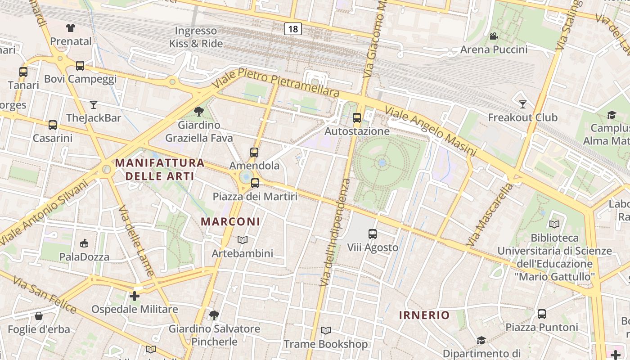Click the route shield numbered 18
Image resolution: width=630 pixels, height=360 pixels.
[293, 29]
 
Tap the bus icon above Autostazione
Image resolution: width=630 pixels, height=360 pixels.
[357, 118]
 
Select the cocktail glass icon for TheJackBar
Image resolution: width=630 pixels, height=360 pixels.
[93, 105]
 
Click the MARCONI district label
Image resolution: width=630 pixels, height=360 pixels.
[230, 221]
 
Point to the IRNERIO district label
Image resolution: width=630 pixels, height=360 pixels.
[424, 315]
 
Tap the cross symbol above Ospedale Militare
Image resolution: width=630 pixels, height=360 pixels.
[134, 296]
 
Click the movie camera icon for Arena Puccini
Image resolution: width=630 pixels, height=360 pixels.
[494, 36]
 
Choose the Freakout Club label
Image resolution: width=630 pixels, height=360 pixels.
[523, 117]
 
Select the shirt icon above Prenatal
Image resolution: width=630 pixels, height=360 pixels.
[70, 28]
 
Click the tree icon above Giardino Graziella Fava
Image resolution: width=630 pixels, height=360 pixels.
[198, 111]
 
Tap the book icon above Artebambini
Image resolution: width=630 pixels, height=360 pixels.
[243, 240]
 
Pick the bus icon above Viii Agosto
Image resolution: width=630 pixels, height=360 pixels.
[373, 234]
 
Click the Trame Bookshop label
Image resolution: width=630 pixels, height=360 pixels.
[325, 344]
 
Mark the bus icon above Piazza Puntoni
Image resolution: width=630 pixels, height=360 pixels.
[542, 314]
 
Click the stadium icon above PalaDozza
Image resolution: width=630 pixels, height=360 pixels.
[84, 243]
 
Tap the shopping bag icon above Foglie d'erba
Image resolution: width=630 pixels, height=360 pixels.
[39, 316]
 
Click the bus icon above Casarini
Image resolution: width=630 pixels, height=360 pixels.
[53, 125]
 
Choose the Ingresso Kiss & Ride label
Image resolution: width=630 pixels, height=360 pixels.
[196, 37]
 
